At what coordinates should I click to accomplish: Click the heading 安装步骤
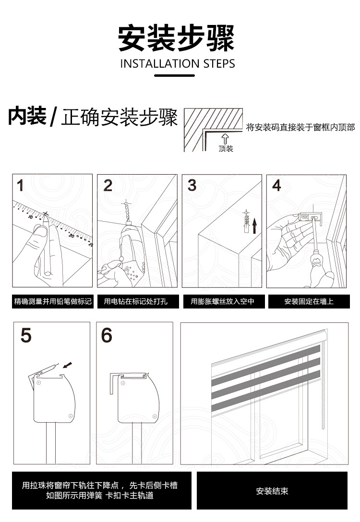click(176, 38)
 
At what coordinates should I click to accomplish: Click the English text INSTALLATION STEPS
click(178, 64)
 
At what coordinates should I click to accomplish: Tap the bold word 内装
click(27, 117)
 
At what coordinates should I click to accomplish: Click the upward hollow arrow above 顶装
click(226, 139)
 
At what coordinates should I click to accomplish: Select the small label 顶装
click(226, 149)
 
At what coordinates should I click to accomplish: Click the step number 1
click(21, 185)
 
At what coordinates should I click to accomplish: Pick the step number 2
click(108, 185)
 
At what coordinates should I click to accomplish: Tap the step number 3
click(192, 185)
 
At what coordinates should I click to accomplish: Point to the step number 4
click(276, 185)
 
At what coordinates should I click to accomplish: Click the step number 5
click(26, 335)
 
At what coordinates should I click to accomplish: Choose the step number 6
click(107, 335)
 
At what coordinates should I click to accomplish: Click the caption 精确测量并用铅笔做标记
click(52, 302)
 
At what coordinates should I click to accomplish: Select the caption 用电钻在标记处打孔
click(136, 302)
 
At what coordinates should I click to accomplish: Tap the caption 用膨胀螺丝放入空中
click(222, 302)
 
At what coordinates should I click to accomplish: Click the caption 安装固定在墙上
click(309, 302)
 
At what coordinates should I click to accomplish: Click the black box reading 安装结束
click(272, 491)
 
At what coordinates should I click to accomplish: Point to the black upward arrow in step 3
click(255, 225)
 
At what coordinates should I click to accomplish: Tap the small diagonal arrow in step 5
click(69, 366)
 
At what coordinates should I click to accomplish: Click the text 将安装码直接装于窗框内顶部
click(300, 127)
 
